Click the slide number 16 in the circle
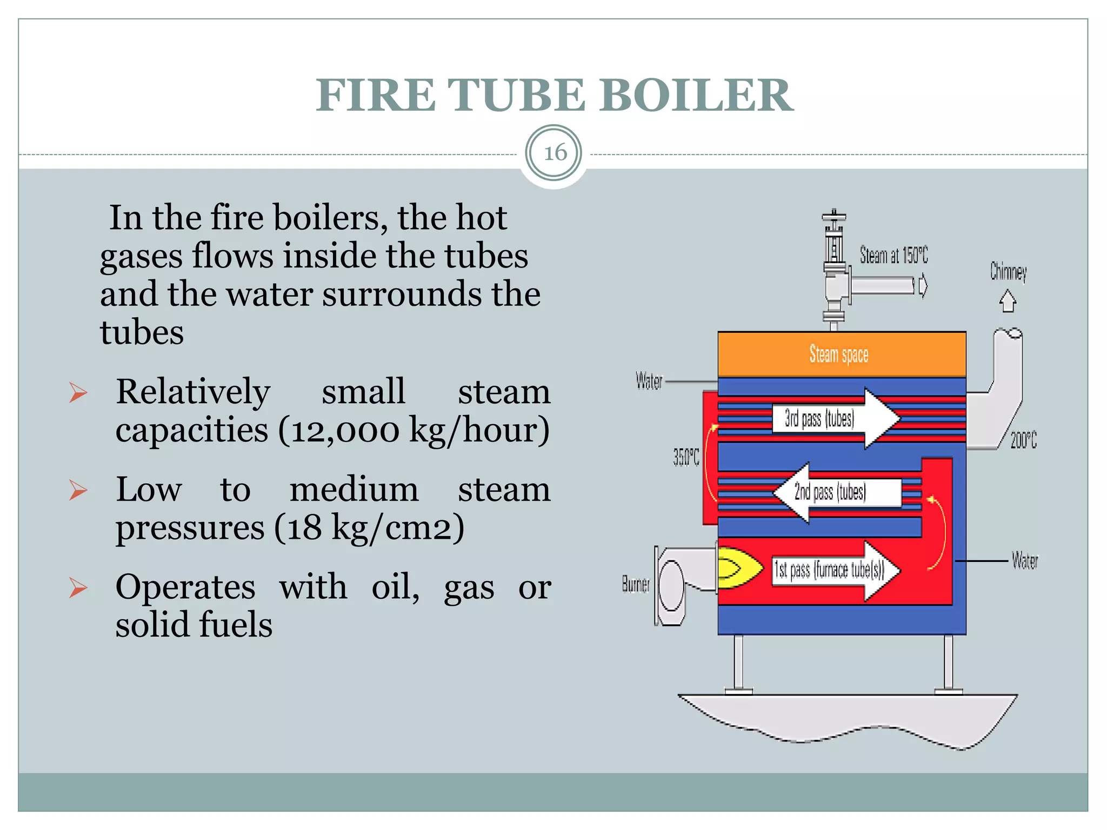coord(554,153)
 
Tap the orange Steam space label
coord(839,354)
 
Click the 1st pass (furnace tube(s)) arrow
coord(835,570)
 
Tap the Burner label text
coord(636,584)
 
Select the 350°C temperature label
coord(685,458)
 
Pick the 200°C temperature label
coord(1023,440)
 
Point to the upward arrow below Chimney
coord(1007,301)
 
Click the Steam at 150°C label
coord(893,255)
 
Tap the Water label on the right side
coord(1024,561)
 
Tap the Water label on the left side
coord(649,381)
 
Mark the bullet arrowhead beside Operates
coord(78,587)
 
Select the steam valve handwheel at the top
coord(834,217)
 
